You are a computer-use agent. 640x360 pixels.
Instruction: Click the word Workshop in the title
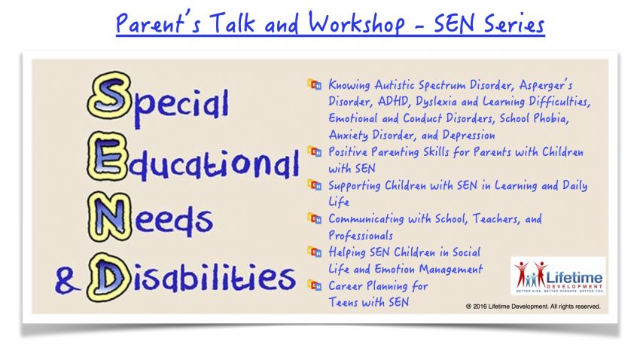pos(356,23)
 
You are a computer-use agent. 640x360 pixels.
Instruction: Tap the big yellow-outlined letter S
pos(109,96)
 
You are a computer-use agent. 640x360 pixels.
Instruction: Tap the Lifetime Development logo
pos(558,276)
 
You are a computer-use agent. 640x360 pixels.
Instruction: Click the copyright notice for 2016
pos(532,306)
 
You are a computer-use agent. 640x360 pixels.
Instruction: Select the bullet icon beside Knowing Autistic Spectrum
pos(314,84)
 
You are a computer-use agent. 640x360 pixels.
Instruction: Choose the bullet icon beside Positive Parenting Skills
pos(314,151)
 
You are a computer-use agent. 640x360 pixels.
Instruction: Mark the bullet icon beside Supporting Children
pos(314,185)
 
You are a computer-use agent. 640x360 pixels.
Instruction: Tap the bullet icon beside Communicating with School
pos(314,218)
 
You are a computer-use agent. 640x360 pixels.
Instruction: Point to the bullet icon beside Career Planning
pos(314,285)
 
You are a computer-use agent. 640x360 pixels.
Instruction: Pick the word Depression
pos(468,135)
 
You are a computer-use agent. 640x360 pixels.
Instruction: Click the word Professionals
pos(361,236)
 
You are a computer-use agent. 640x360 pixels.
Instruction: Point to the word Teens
pos(342,302)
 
